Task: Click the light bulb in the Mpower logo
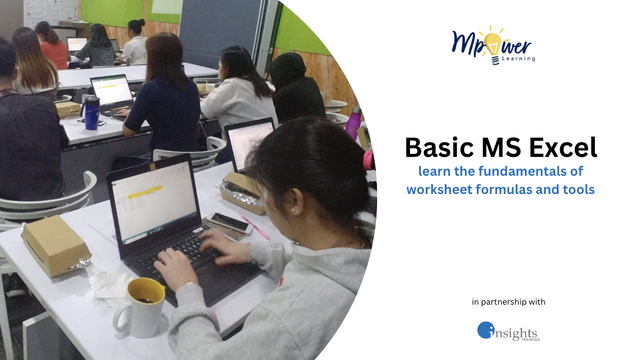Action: (493, 44)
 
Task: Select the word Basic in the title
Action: (435, 148)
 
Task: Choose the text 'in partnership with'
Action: (508, 302)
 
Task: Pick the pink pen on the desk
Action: (255, 227)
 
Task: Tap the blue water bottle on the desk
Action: (91, 112)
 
